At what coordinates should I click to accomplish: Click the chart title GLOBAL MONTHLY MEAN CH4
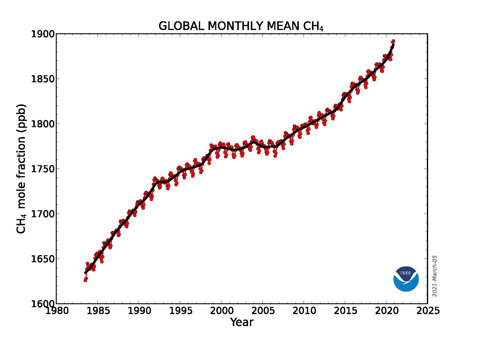point(241,26)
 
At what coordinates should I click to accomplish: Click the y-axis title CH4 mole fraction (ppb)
point(21,169)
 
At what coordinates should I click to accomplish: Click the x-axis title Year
point(241,322)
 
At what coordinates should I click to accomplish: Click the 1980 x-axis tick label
point(57,310)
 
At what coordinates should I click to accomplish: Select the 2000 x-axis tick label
point(221,310)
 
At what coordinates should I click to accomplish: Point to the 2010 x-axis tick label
point(304,310)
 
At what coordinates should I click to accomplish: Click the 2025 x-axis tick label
point(427,310)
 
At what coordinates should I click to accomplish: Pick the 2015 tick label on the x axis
point(345,310)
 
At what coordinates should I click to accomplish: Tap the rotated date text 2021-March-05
point(434,276)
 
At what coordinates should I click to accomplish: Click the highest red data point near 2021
point(393,41)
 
